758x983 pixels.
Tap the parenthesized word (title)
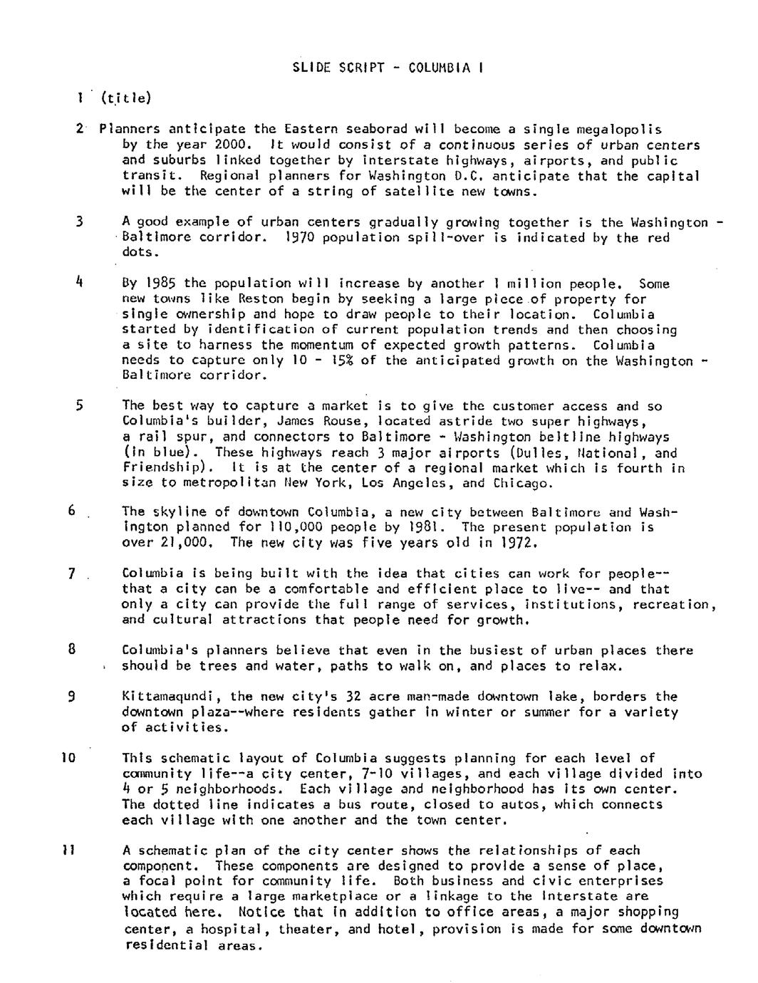(x=126, y=98)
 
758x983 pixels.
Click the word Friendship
(x=166, y=469)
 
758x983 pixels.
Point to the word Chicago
(x=522, y=484)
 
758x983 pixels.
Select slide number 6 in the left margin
(x=71, y=511)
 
